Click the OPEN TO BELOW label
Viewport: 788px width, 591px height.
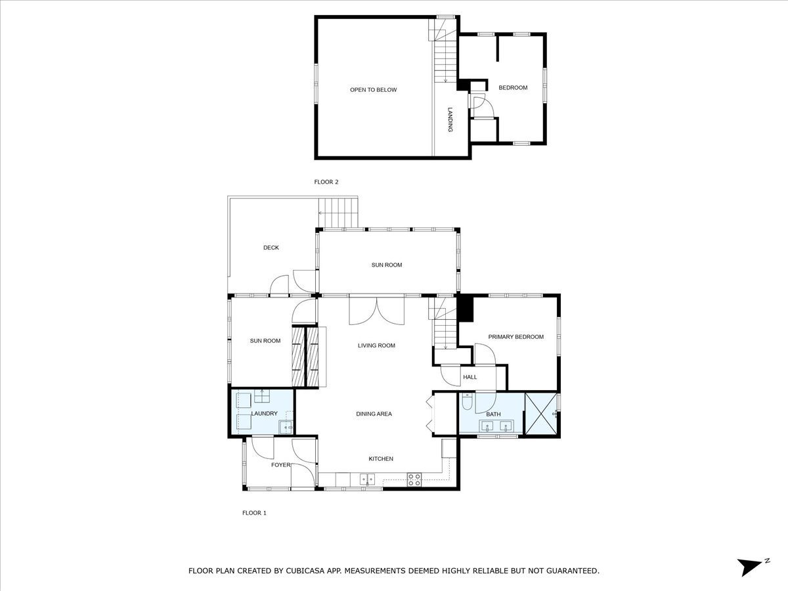tap(374, 90)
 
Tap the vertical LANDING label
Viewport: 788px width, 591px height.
tap(450, 120)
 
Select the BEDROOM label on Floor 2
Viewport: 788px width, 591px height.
tap(513, 87)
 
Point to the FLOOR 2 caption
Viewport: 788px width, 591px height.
tap(326, 182)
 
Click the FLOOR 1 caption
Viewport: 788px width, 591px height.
tap(254, 513)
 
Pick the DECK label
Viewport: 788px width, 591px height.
tap(271, 248)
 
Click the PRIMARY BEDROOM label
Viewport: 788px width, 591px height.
tap(516, 337)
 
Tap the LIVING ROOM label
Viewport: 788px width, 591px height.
tap(376, 345)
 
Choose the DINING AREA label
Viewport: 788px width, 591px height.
tap(374, 414)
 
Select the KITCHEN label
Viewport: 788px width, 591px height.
tap(381, 458)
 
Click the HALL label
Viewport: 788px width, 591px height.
tap(470, 377)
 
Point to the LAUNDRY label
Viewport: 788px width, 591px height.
tap(264, 414)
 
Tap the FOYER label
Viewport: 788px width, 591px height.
tap(281, 465)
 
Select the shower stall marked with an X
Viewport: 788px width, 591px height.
tap(540, 414)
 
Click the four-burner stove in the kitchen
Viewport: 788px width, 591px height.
tap(414, 480)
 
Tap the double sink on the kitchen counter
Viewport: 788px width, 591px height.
tap(367, 479)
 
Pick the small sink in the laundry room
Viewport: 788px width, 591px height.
tap(286, 427)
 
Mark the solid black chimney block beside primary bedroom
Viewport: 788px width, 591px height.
tap(466, 308)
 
